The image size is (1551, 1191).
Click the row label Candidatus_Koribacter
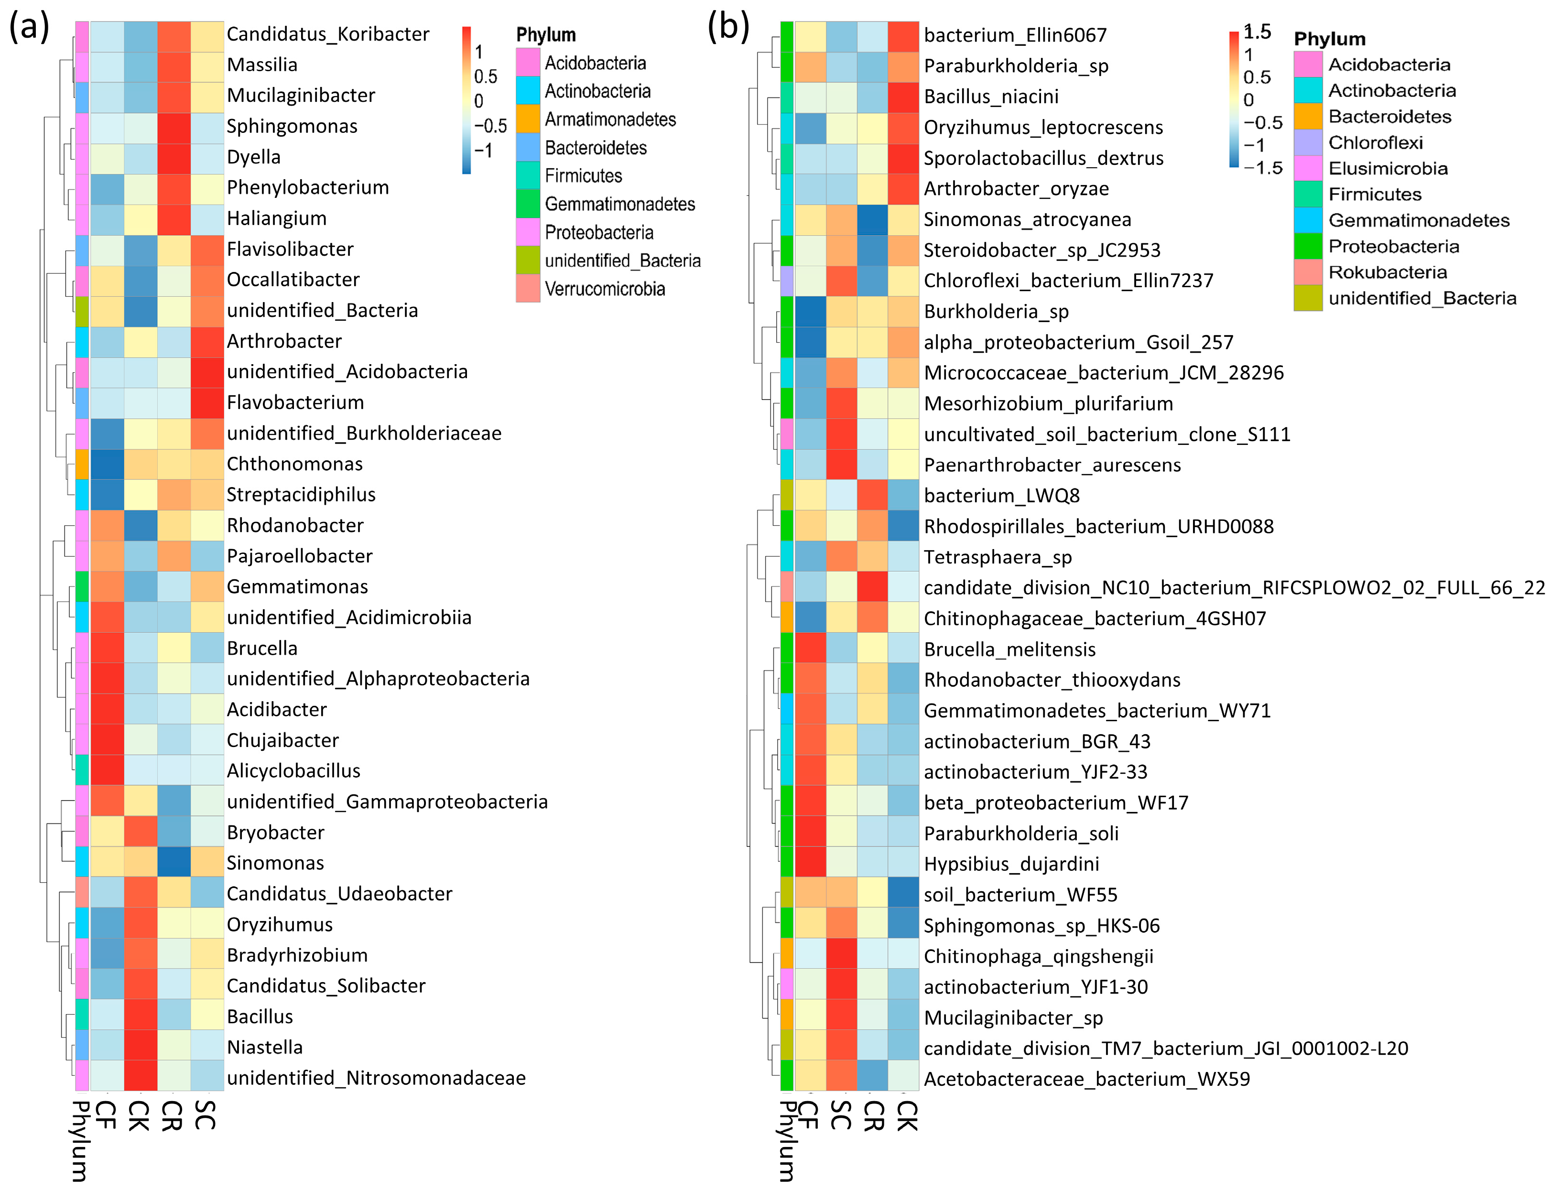[327, 34]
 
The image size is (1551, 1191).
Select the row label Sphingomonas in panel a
[292, 126]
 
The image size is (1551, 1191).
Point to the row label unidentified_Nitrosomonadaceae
[376, 1078]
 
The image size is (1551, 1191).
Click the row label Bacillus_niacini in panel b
[990, 97]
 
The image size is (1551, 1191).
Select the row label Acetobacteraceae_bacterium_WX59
[1086, 1079]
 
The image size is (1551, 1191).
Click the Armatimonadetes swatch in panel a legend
[528, 119]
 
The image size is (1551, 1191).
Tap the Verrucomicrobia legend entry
[604, 289]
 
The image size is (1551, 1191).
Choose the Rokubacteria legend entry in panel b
[1387, 272]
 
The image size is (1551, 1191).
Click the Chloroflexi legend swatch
[1307, 142]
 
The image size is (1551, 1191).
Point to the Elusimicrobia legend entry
[1387, 169]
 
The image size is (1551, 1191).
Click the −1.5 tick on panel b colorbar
[1262, 168]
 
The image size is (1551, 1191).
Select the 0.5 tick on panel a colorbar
[486, 76]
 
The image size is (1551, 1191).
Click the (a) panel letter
[28, 27]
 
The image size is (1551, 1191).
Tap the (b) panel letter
[728, 27]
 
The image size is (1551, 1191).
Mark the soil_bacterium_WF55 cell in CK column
[903, 895]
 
